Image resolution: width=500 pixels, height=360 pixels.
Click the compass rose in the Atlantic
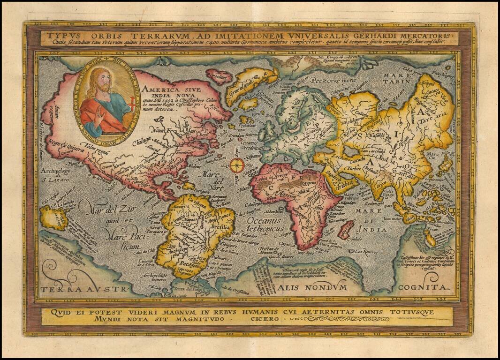point(237,165)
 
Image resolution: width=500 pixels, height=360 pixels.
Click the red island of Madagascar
point(346,230)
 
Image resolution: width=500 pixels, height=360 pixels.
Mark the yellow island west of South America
point(54,218)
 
